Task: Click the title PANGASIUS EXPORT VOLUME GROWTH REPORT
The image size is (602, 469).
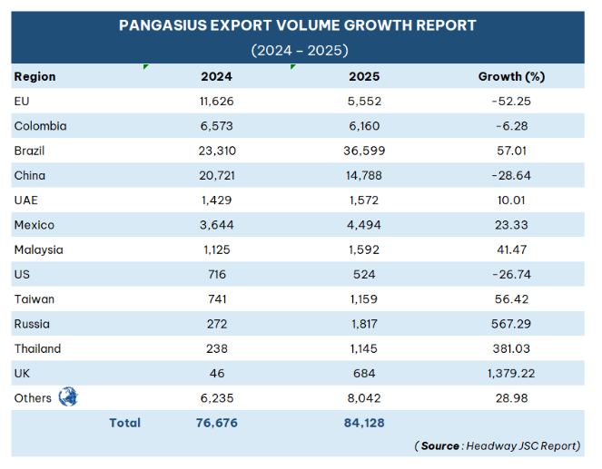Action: tap(299, 25)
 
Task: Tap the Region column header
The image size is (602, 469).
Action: tap(35, 76)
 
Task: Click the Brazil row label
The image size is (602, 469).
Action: tap(29, 151)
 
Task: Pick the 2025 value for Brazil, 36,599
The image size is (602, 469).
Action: tap(363, 151)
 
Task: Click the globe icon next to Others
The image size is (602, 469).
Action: tap(68, 397)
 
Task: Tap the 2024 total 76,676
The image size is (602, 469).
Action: tap(217, 423)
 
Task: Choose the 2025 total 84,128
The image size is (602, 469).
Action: tap(363, 423)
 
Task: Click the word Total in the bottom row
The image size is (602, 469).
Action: tap(124, 423)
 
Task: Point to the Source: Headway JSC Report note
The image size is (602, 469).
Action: tap(498, 445)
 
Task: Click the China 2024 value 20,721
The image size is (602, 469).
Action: tap(217, 175)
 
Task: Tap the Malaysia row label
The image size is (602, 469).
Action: tap(38, 249)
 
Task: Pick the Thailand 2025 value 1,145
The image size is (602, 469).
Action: tap(363, 348)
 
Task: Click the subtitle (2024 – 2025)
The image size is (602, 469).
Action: tap(299, 50)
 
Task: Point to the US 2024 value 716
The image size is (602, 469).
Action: tap(217, 274)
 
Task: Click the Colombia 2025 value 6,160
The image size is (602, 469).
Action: tap(363, 126)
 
